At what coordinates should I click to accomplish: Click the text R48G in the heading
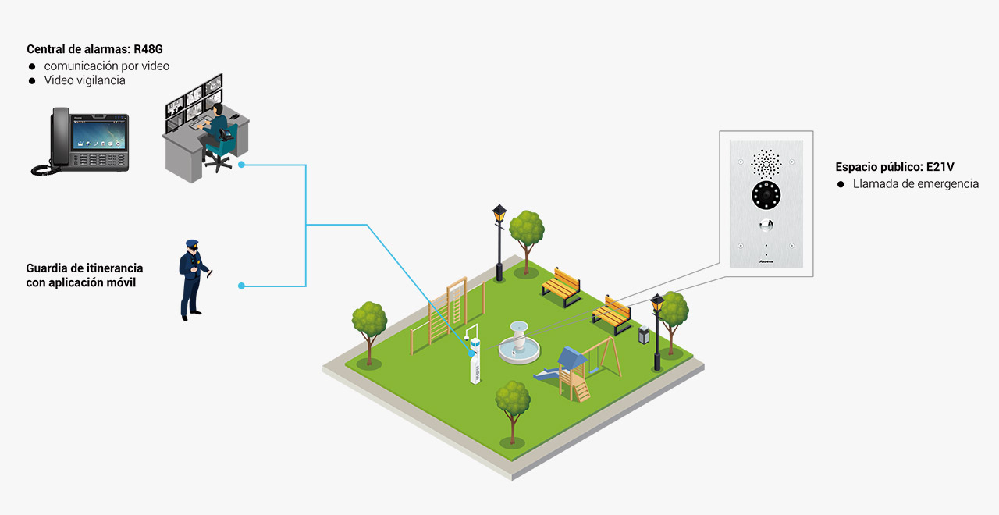pyautogui.click(x=148, y=50)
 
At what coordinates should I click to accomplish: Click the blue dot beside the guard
pyautogui.click(x=241, y=286)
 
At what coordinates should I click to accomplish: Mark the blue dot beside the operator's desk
pyautogui.click(x=241, y=165)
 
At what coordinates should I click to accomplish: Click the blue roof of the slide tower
pyautogui.click(x=571, y=357)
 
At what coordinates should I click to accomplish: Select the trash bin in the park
pyautogui.click(x=644, y=336)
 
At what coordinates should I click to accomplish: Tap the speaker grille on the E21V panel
pyautogui.click(x=766, y=162)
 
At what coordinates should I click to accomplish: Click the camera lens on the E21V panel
pyautogui.click(x=766, y=196)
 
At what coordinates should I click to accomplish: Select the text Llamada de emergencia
pyautogui.click(x=915, y=184)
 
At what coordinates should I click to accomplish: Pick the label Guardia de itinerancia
pyautogui.click(x=84, y=268)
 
